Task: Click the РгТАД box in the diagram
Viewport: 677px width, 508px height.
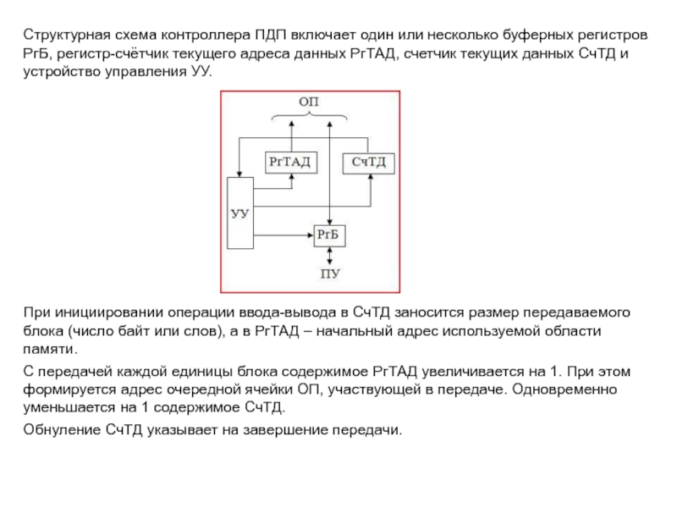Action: [290, 161]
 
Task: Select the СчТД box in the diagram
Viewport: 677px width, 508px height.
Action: [369, 161]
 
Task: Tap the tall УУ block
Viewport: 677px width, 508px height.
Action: [240, 213]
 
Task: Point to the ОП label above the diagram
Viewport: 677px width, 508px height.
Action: [310, 102]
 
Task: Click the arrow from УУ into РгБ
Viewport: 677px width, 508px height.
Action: [284, 235]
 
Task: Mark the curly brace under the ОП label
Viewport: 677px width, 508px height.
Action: [310, 116]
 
